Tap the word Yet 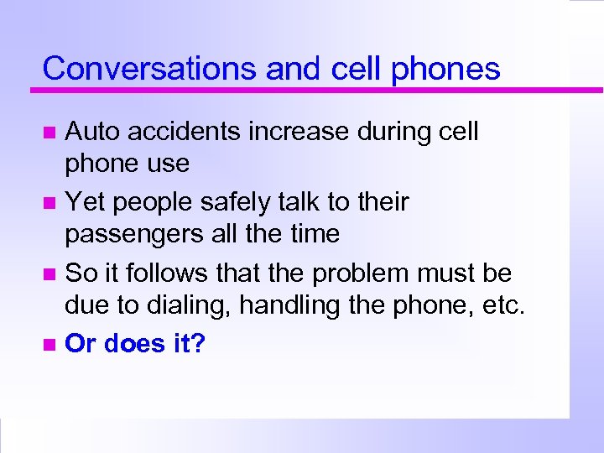85,202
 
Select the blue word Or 79,343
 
